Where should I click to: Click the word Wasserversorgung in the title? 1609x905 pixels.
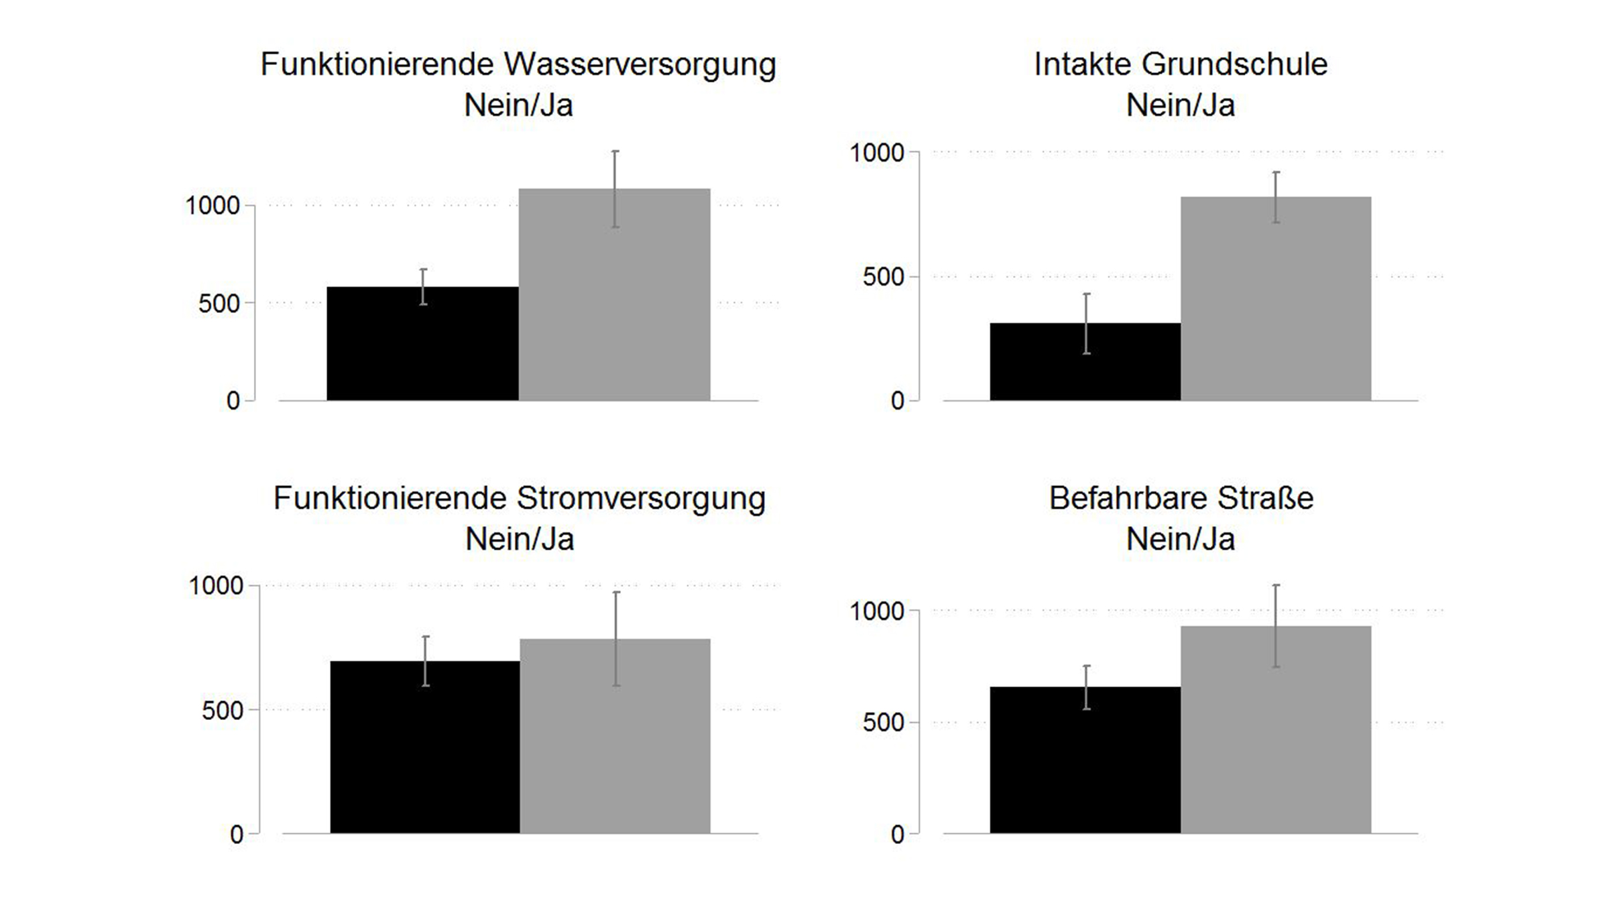coord(640,65)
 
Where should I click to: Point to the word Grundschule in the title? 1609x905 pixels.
coord(1234,65)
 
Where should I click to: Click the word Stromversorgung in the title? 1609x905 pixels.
coord(640,499)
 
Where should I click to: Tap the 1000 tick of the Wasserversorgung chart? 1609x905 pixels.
coord(213,206)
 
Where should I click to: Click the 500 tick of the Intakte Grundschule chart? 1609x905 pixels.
coord(883,277)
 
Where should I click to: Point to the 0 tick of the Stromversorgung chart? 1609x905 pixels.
coord(236,835)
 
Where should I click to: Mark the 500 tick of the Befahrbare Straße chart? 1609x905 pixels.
coord(883,723)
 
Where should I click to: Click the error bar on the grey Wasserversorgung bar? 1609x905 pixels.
coord(615,189)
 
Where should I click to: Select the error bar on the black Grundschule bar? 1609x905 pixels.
coord(1086,323)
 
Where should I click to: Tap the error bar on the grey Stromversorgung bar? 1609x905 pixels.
coord(616,638)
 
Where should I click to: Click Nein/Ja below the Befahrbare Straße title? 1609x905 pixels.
coord(1180,540)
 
